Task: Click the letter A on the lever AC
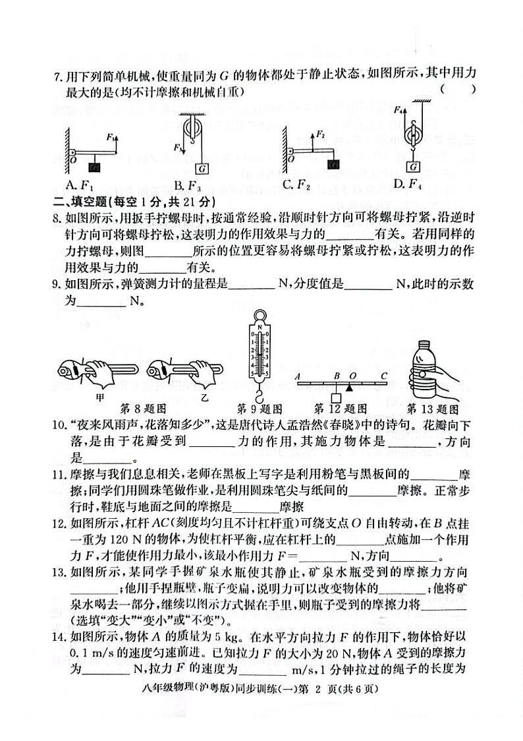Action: [298, 376]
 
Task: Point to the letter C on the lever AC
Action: [383, 376]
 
